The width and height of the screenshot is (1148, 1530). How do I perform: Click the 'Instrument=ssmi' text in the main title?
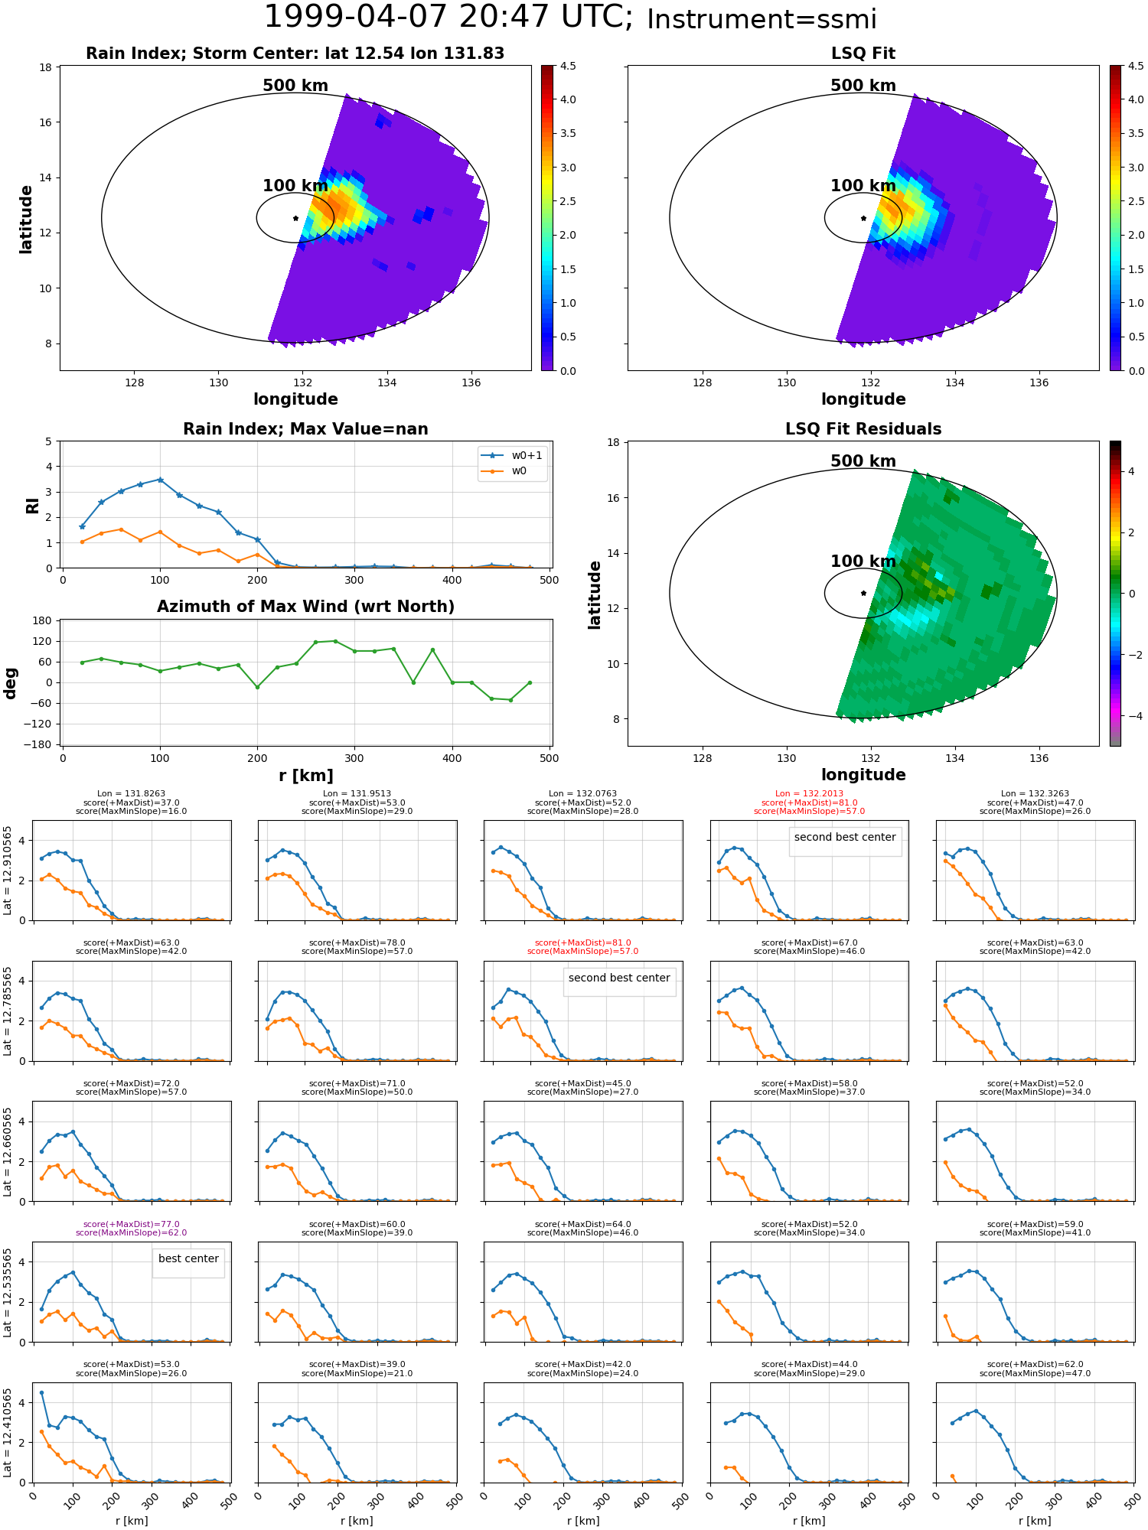[x=761, y=19]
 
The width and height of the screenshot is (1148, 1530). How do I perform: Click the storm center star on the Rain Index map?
[x=295, y=218]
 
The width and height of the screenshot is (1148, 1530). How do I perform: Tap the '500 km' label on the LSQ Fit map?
[x=863, y=86]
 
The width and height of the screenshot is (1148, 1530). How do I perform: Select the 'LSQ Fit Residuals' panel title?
[x=863, y=429]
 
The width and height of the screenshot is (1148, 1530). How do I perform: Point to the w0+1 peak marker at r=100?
[x=160, y=480]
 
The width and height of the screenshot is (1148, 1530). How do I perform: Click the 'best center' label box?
[x=188, y=1258]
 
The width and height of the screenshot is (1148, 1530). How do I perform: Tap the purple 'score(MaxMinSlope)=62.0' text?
[x=131, y=1232]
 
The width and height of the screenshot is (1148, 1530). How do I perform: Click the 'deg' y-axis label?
[x=11, y=682]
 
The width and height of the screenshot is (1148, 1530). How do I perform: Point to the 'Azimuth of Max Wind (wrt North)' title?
[x=305, y=607]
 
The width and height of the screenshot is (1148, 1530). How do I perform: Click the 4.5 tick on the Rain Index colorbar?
[x=567, y=66]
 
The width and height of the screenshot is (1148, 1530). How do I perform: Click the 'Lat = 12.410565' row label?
[x=8, y=1433]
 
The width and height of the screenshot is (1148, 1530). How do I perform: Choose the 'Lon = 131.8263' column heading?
[x=131, y=794]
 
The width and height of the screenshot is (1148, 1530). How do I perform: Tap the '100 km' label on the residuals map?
[x=863, y=562]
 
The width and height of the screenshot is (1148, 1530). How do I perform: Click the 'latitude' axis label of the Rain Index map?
[x=26, y=219]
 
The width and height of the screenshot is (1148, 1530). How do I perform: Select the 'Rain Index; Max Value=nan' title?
[x=305, y=429]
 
